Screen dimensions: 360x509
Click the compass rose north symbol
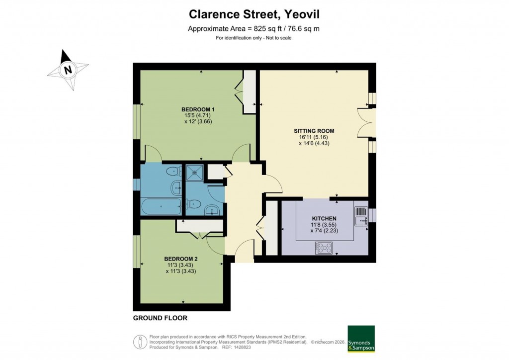(x=68, y=70)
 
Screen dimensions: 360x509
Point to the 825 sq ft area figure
(x=268, y=29)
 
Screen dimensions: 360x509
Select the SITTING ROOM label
(x=314, y=131)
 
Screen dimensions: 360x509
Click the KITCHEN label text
(x=324, y=219)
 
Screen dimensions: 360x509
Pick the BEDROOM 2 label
(x=181, y=259)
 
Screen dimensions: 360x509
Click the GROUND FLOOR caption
(x=160, y=318)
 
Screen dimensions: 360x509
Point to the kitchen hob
(x=325, y=247)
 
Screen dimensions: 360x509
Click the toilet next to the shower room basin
(x=194, y=204)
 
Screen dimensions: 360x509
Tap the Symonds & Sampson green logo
(x=361, y=339)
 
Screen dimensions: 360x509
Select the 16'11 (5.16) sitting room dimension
(x=314, y=137)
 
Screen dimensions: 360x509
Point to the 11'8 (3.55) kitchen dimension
(x=324, y=225)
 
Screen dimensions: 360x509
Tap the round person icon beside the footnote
(x=141, y=342)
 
